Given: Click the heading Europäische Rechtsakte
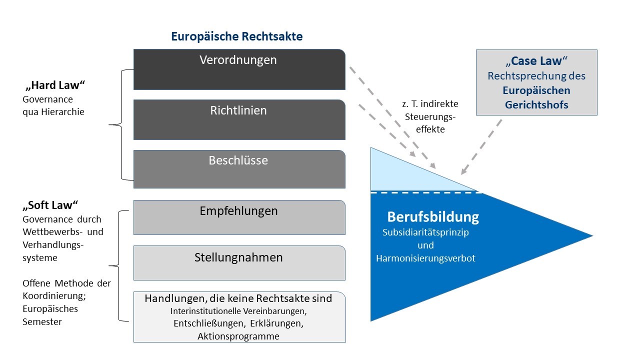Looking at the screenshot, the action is tap(237, 36).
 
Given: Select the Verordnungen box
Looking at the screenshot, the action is tap(239, 69).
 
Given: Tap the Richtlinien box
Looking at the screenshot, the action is tap(239, 119).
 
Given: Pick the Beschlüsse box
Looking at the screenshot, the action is tap(239, 169).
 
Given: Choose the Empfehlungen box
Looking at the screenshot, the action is tap(239, 217).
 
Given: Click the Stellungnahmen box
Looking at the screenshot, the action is tap(239, 263).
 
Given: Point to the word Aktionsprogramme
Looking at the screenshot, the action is tap(238, 336).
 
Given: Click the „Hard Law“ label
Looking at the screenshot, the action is tap(55, 85).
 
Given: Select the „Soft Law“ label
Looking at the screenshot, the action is tap(50, 205).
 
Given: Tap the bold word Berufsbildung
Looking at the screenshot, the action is tap(433, 217).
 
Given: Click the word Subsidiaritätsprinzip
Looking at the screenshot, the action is tap(425, 232).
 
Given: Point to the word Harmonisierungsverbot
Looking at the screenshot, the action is tap(425, 258).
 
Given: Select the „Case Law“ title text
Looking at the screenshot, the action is tap(536, 61).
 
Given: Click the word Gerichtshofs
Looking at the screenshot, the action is tap(536, 105).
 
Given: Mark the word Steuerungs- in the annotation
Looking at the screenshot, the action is tap(430, 117).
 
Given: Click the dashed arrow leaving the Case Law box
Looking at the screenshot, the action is tap(481, 147).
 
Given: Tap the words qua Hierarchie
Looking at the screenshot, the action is tap(53, 111).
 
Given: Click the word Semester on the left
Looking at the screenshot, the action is tap(42, 321).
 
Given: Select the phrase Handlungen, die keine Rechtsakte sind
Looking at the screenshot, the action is tap(238, 298).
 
